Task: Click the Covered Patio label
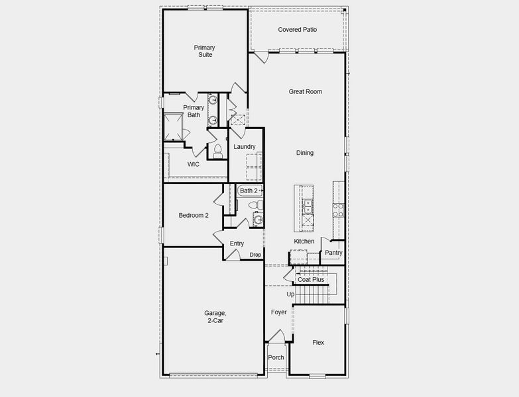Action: (x=297, y=30)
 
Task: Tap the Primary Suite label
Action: (x=204, y=51)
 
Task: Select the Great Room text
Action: (x=305, y=92)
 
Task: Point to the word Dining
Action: (x=305, y=153)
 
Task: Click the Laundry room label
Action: (x=245, y=147)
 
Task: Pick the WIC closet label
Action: (x=194, y=164)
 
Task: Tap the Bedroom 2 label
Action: (x=194, y=215)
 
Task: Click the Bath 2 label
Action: (x=249, y=191)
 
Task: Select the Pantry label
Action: (x=333, y=253)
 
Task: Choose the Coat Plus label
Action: (x=311, y=280)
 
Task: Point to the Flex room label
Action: (x=318, y=343)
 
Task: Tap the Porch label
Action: (x=276, y=358)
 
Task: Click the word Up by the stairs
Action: (x=290, y=294)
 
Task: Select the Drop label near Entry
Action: (x=255, y=255)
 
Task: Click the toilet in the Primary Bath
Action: (x=217, y=151)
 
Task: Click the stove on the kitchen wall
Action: (x=338, y=210)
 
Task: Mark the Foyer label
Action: (x=279, y=312)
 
